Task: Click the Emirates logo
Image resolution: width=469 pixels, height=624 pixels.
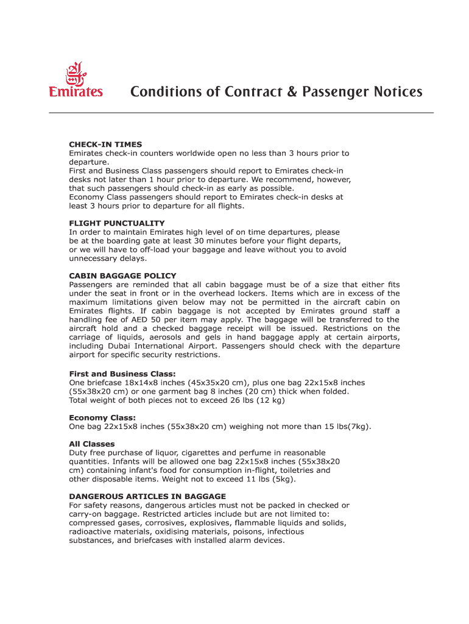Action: tap(76, 80)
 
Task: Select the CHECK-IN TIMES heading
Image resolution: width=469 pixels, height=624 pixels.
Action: tap(105, 144)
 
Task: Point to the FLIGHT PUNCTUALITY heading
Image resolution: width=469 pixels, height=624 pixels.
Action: tap(117, 223)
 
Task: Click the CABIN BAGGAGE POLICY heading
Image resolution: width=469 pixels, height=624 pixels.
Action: tap(122, 276)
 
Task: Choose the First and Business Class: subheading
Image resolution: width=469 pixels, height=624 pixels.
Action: tap(122, 374)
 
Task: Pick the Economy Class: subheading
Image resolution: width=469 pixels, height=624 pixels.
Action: tap(102, 418)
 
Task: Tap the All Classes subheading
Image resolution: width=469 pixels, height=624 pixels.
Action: tap(92, 444)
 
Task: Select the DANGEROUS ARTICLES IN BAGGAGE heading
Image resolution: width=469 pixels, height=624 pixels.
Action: tap(147, 497)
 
